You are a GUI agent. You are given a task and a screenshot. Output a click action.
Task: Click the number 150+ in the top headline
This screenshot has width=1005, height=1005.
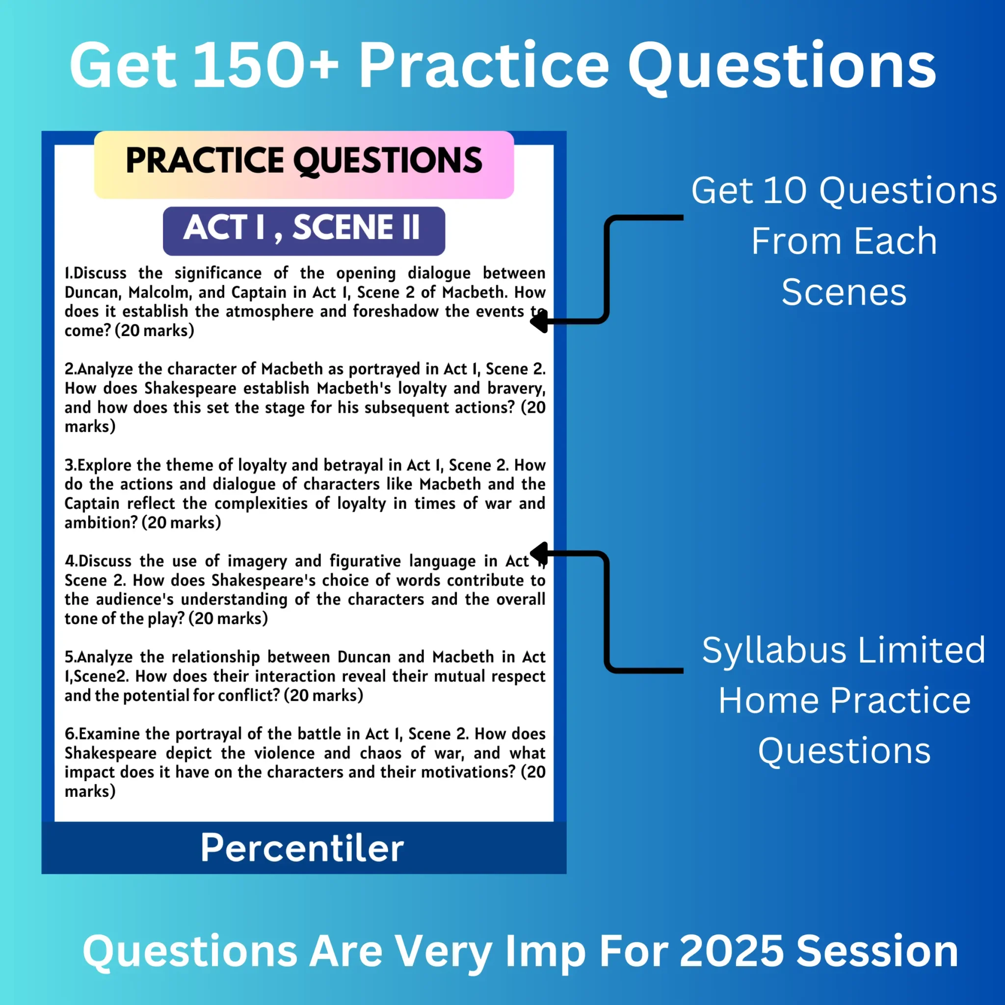[x=265, y=66]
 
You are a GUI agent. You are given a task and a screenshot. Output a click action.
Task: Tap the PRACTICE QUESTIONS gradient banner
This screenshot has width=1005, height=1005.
[x=304, y=164]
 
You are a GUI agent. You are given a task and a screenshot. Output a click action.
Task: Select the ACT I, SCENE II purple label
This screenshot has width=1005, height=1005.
[x=304, y=231]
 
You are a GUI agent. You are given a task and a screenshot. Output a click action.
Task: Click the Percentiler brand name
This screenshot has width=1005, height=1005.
[x=302, y=848]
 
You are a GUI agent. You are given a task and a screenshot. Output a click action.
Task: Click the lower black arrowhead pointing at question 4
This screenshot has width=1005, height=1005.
[x=538, y=553]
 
